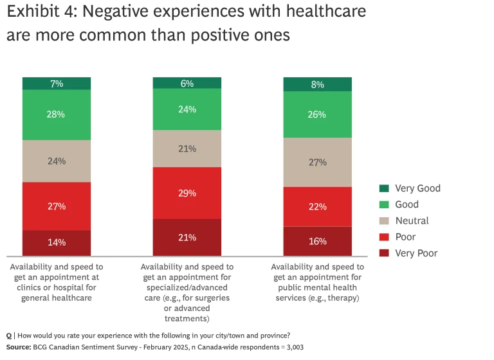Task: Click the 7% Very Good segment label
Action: [57, 84]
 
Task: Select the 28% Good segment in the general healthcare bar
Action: [57, 114]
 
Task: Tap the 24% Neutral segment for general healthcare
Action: [57, 161]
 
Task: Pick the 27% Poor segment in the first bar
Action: [57, 206]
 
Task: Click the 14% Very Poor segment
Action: [57, 242]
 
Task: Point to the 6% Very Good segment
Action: [187, 83]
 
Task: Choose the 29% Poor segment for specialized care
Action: [187, 193]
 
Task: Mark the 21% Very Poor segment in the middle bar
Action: [187, 237]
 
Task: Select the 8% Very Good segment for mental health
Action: [318, 84]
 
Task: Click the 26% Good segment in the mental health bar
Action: [318, 114]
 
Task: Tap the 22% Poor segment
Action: [318, 206]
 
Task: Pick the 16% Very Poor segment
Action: [318, 241]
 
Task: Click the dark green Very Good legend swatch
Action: [384, 188]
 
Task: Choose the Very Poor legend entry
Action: [416, 253]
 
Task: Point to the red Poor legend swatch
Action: [384, 237]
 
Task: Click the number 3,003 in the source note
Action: [293, 347]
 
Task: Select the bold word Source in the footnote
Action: [18, 347]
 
